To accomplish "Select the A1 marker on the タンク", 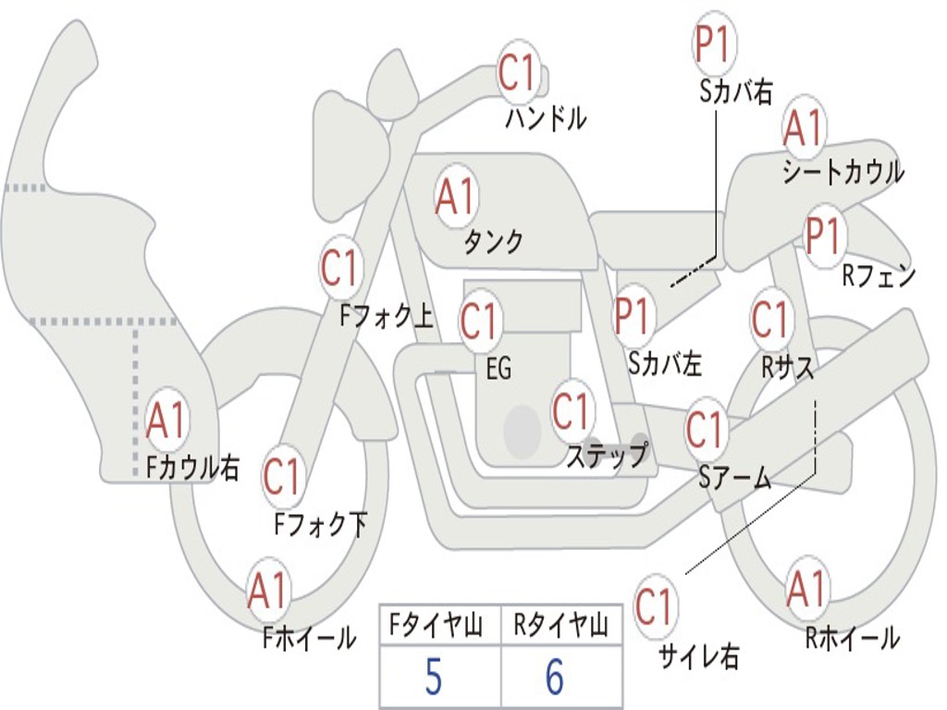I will [455, 196].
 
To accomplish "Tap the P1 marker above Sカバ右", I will [713, 43].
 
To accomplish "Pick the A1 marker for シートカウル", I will [803, 129].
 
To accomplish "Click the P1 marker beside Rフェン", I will [822, 237].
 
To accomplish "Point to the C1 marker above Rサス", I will [769, 320].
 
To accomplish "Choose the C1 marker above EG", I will [479, 322].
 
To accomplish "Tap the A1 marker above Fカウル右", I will [166, 421].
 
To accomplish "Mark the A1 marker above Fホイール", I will [267, 591].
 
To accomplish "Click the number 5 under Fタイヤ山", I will [433, 679].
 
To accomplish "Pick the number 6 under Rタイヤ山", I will [554, 679].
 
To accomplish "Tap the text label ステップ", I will [607, 455].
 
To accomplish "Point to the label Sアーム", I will [735, 478].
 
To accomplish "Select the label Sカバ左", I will [665, 363].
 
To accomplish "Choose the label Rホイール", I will [852, 637].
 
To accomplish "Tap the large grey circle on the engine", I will [522, 431].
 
